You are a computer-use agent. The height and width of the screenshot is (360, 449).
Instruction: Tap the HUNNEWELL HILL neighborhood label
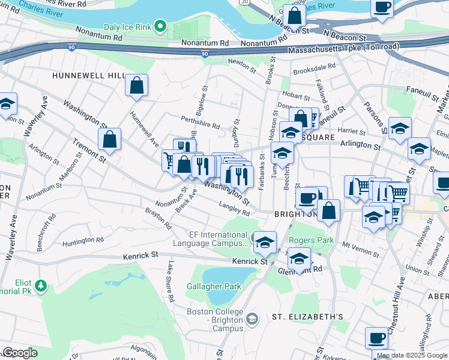[x=88, y=76]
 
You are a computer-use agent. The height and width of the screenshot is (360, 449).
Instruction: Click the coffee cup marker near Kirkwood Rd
[x=377, y=338]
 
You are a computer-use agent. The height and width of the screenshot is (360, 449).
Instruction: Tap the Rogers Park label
[x=311, y=240]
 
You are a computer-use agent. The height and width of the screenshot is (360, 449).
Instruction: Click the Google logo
[x=20, y=353]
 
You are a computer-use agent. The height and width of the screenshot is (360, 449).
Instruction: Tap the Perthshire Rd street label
[x=200, y=122]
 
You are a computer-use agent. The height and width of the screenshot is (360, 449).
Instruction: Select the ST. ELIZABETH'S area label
[x=307, y=316]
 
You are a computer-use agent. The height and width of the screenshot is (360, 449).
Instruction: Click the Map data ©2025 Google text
[x=411, y=355]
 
